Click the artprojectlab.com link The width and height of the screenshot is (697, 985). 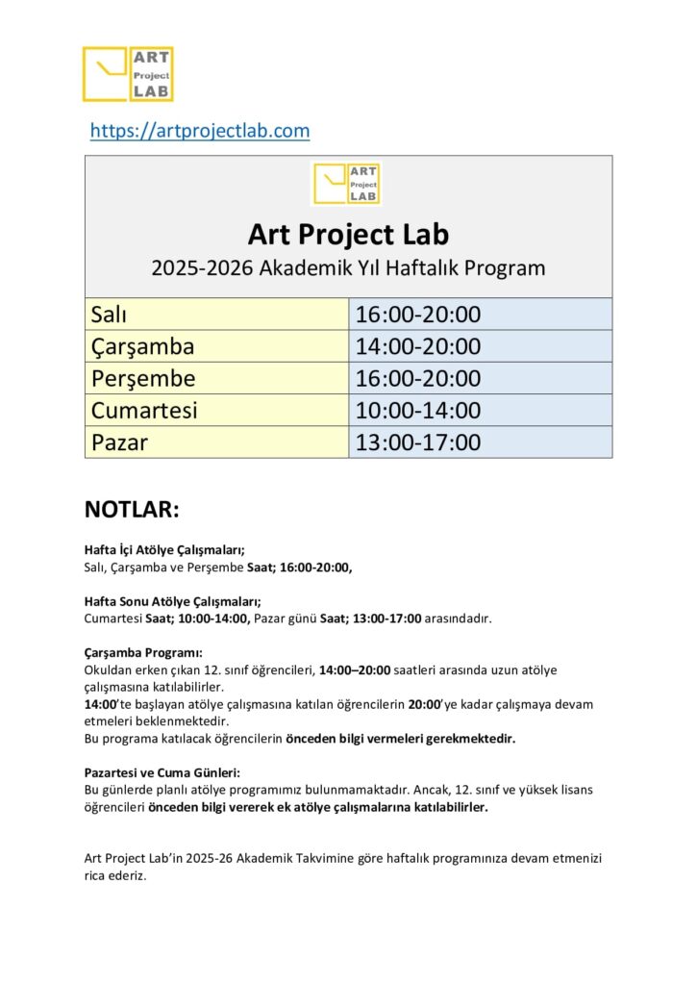200,131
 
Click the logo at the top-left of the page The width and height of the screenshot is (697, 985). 128,74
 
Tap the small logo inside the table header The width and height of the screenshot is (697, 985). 347,183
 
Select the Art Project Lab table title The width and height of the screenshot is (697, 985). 348,234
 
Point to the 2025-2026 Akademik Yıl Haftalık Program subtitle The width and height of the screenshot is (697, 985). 348,267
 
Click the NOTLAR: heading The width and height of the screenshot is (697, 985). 133,509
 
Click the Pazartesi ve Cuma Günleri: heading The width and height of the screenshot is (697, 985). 162,772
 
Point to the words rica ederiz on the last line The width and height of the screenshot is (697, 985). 115,875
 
